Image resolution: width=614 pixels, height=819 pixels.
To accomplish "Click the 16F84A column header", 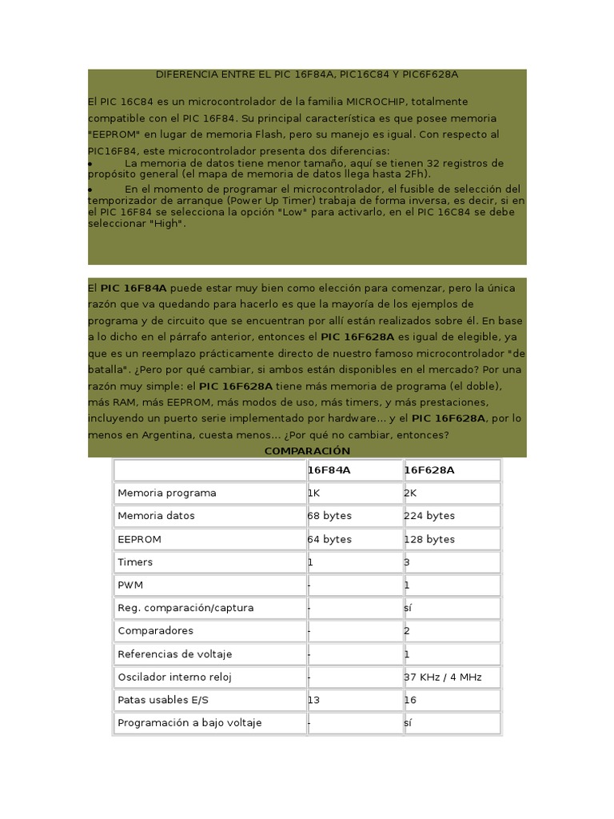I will pos(329,470).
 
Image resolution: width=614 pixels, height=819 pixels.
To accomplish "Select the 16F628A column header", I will pos(429,470).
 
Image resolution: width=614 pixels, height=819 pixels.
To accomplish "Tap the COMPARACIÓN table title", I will pos(307,451).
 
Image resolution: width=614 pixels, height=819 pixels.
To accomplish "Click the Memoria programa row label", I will pos(167,493).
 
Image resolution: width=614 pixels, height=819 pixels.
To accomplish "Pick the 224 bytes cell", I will pos(429,516).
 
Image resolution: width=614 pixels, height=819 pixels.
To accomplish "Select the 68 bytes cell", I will pos(329,516).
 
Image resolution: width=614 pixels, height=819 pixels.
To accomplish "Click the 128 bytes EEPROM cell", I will pos(429,539).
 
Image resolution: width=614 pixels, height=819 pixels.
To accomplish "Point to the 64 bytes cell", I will pos(329,539).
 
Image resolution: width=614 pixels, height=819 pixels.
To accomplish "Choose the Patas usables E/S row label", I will pos(163,701).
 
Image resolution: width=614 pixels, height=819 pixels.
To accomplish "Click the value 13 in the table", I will pos(313,701).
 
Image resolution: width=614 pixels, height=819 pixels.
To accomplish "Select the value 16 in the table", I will pos(411,701).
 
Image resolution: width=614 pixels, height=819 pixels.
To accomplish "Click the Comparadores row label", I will pos(155,631).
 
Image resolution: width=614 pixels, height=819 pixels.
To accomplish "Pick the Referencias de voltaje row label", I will pos(174,654).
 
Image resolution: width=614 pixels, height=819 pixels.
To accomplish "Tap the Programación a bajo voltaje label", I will pos(189,723).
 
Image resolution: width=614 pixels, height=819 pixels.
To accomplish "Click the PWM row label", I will pos(130,585).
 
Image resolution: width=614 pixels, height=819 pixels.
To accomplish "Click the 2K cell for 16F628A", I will pos(411,493).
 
